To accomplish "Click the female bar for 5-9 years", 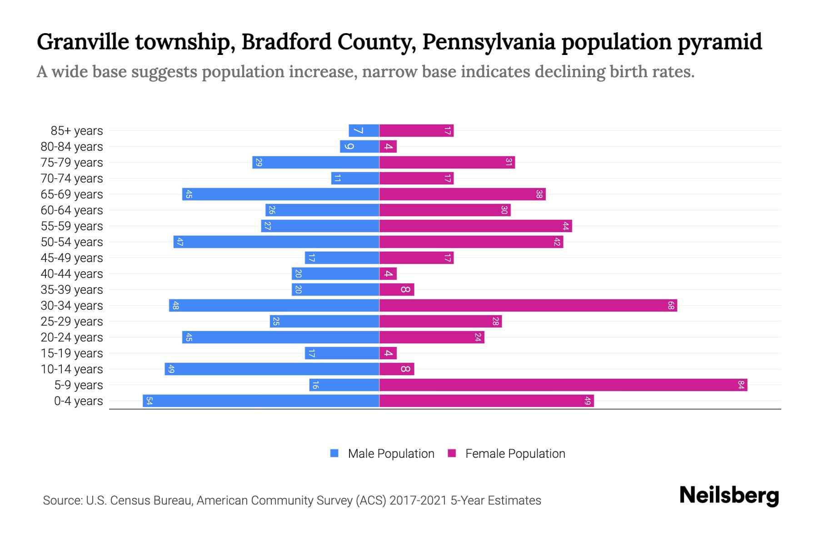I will [x=563, y=385].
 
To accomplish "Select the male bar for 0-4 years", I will [x=261, y=401].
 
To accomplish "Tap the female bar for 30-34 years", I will [x=528, y=306].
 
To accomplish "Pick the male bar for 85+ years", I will [x=364, y=131].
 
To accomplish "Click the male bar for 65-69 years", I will [x=281, y=194].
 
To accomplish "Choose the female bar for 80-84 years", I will [x=388, y=147].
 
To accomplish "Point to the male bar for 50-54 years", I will [x=276, y=242].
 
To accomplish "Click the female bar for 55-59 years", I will [x=475, y=226].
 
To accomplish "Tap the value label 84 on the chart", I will [x=741, y=385].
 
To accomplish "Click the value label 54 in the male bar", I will [x=149, y=401].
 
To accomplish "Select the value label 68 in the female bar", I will [x=671, y=306].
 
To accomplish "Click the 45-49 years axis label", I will [x=72, y=258].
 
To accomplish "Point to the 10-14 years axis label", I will [x=72, y=369].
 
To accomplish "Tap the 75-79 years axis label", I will [x=72, y=163].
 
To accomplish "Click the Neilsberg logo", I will [x=729, y=495].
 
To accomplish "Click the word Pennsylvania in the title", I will [x=489, y=42].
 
